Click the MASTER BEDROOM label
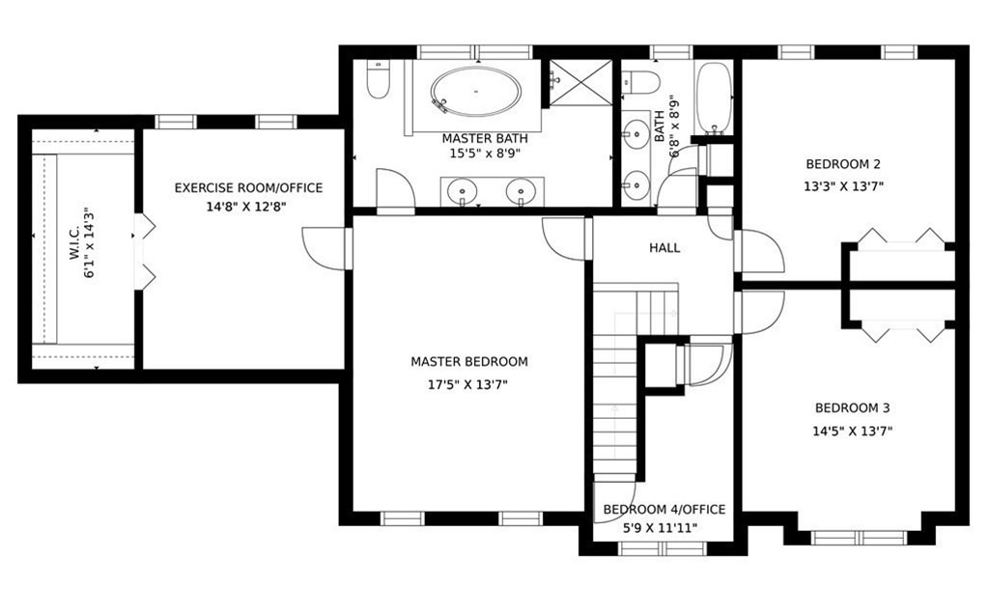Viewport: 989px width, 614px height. pyautogui.click(x=469, y=362)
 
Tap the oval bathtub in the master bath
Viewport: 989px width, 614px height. pyautogui.click(x=476, y=92)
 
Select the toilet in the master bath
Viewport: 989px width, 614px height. pyautogui.click(x=379, y=79)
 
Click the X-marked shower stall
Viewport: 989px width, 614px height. pyautogui.click(x=580, y=83)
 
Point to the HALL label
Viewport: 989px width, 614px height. pyautogui.click(x=664, y=248)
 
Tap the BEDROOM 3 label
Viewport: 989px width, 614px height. pyautogui.click(x=852, y=408)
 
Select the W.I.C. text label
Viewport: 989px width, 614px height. pyautogui.click(x=74, y=242)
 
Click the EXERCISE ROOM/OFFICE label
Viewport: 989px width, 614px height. pyautogui.click(x=248, y=188)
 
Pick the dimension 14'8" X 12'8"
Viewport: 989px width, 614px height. pyautogui.click(x=246, y=207)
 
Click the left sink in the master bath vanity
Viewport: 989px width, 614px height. pyautogui.click(x=465, y=190)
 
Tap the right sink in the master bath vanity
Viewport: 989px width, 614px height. pyautogui.click(x=521, y=190)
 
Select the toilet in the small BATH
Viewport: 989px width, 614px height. pyautogui.click(x=640, y=83)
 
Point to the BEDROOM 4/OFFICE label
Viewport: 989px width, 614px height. pyautogui.click(x=664, y=510)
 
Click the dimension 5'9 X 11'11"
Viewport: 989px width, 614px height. pyautogui.click(x=661, y=528)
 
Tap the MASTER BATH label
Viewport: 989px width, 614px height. pyautogui.click(x=485, y=139)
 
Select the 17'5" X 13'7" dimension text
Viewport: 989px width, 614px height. pyautogui.click(x=468, y=384)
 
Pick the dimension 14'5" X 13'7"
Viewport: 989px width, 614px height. pyautogui.click(x=852, y=432)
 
